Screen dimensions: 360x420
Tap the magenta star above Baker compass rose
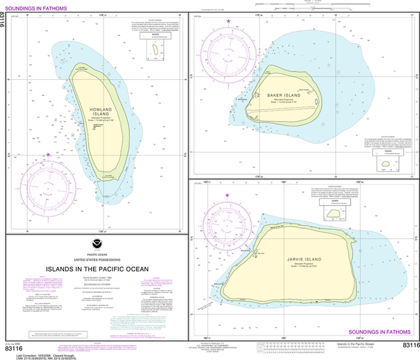(x=228, y=22)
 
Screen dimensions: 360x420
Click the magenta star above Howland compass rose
(x=48, y=154)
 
